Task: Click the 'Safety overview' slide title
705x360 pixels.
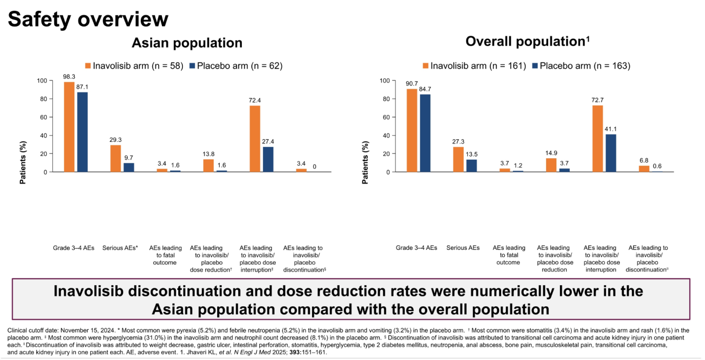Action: (x=88, y=19)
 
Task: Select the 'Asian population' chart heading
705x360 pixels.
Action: (x=187, y=43)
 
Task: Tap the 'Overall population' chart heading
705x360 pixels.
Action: (x=527, y=41)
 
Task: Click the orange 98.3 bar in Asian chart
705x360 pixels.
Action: (x=69, y=127)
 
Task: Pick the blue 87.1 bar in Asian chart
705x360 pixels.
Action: (x=82, y=132)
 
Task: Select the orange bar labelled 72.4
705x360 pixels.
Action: (x=255, y=139)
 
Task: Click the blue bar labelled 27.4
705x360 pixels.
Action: (x=268, y=159)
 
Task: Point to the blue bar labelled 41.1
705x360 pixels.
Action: (x=611, y=153)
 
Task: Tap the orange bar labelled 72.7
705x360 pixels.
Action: (x=598, y=138)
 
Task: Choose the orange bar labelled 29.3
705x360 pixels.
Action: (x=115, y=158)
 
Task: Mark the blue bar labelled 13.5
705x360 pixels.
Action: (x=471, y=165)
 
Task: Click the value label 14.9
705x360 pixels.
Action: (x=551, y=153)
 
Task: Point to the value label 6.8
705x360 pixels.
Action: (x=644, y=160)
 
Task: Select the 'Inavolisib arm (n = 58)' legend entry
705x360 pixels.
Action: (x=134, y=66)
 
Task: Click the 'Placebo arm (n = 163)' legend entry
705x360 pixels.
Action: (x=582, y=66)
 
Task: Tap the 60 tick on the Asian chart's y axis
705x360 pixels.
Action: (x=43, y=117)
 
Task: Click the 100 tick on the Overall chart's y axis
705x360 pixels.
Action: (x=385, y=81)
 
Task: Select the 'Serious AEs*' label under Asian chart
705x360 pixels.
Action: (x=120, y=248)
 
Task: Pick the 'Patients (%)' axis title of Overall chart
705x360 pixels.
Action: (x=365, y=162)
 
